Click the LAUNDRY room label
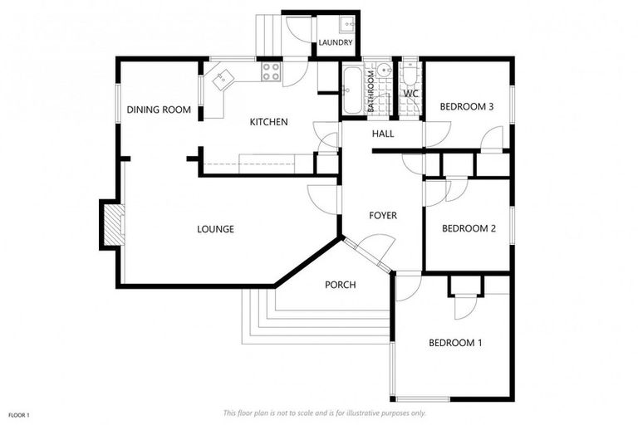pos(336,43)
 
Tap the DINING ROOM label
pos(159,110)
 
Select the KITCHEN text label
pos(268,122)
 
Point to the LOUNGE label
pos(215,229)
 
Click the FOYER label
pos(383,216)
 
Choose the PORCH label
pos(340,285)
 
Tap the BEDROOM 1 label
pos(455,343)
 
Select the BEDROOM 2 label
pos(469,228)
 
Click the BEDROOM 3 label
pos(467,106)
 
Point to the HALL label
pos(383,134)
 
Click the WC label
pos(410,94)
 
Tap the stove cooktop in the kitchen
pos(272,73)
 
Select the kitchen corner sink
pos(222,80)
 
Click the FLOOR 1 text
pos(18,414)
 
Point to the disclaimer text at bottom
pos(325,413)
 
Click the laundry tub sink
pos(346,25)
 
